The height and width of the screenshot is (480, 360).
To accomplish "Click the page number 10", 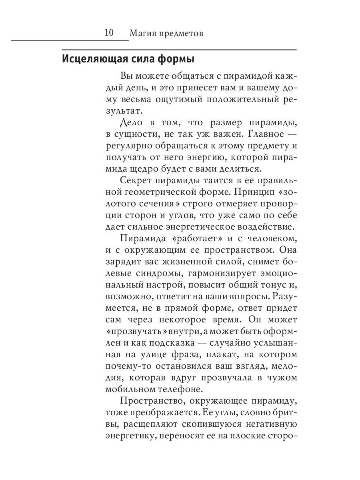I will (109, 32).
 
